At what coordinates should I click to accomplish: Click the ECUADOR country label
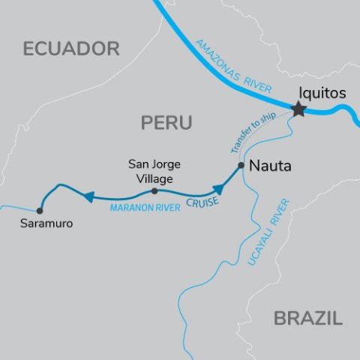71,49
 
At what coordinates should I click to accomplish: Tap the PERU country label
166,122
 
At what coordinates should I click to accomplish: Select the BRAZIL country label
307,318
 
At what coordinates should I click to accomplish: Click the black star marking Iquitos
298,109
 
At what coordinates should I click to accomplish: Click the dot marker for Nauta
241,165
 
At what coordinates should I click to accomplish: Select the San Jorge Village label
154,170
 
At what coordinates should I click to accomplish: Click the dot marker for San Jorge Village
154,190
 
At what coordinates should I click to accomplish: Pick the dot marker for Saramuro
40,211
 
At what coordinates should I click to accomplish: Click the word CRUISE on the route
204,202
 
